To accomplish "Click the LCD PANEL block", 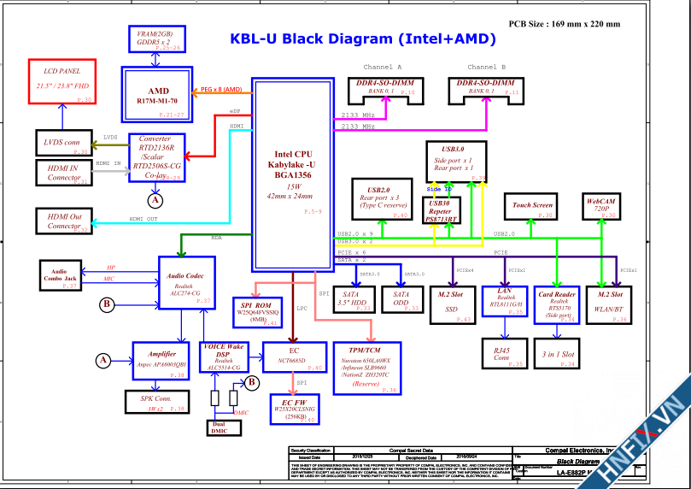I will tap(63, 82).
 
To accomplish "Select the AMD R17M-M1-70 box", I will tap(159, 95).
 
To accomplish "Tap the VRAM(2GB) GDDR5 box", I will tap(159, 38).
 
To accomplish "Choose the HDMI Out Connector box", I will tap(63, 221).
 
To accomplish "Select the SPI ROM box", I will tap(258, 310).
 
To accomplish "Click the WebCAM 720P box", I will tap(600, 205).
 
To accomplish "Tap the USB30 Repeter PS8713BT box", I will tap(441, 211).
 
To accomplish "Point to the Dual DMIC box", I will tap(219, 427).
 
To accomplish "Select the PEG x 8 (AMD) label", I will tap(220, 89).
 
